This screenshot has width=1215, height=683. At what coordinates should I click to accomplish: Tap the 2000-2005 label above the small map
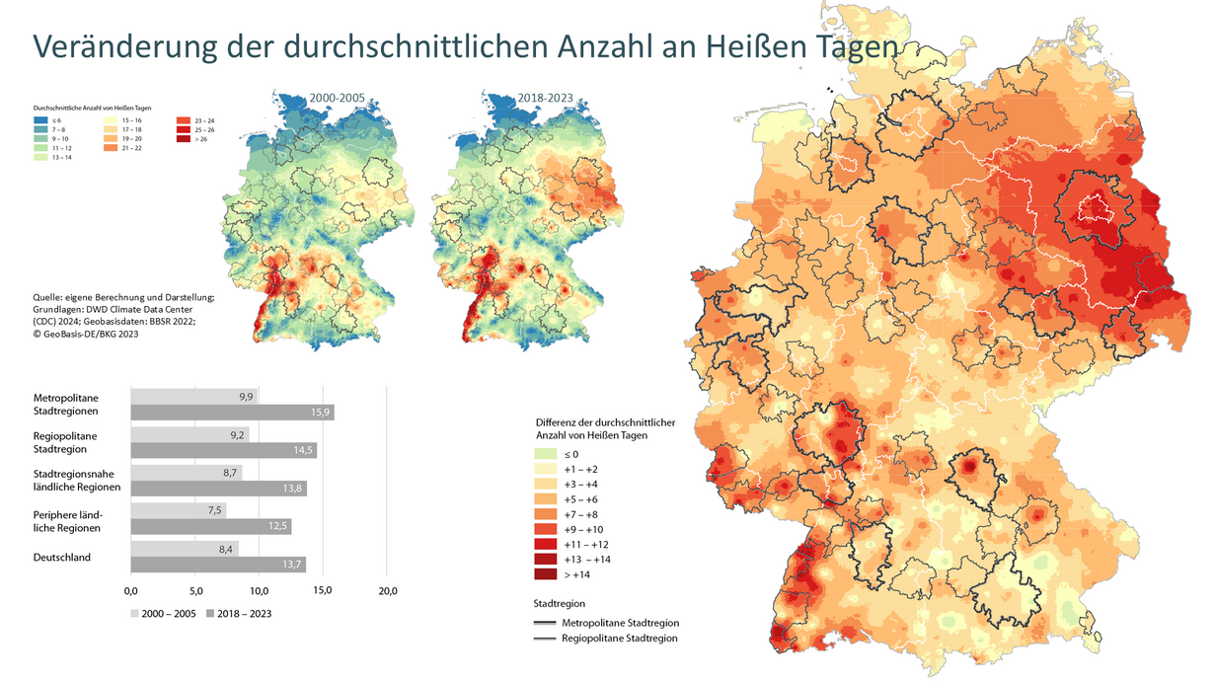point(339,99)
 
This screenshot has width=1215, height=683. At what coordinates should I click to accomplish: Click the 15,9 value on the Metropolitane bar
point(322,413)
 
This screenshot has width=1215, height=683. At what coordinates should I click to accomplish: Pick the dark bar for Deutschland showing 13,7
point(218,565)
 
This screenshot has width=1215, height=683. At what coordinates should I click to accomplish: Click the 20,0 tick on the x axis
point(388,591)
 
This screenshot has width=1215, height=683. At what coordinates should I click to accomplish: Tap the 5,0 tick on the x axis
point(194,591)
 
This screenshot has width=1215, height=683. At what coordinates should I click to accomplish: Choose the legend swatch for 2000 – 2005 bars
point(135,614)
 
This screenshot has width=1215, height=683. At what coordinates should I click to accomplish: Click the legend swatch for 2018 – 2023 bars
point(210,614)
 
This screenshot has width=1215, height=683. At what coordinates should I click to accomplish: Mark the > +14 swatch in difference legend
point(546,573)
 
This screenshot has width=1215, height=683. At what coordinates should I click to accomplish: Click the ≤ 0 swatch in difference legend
point(546,455)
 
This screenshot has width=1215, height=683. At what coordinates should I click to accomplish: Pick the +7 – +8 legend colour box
point(546,514)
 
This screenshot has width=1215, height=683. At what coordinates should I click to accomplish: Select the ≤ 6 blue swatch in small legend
point(42,119)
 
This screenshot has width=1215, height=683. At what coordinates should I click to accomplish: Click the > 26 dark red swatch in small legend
point(185,139)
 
